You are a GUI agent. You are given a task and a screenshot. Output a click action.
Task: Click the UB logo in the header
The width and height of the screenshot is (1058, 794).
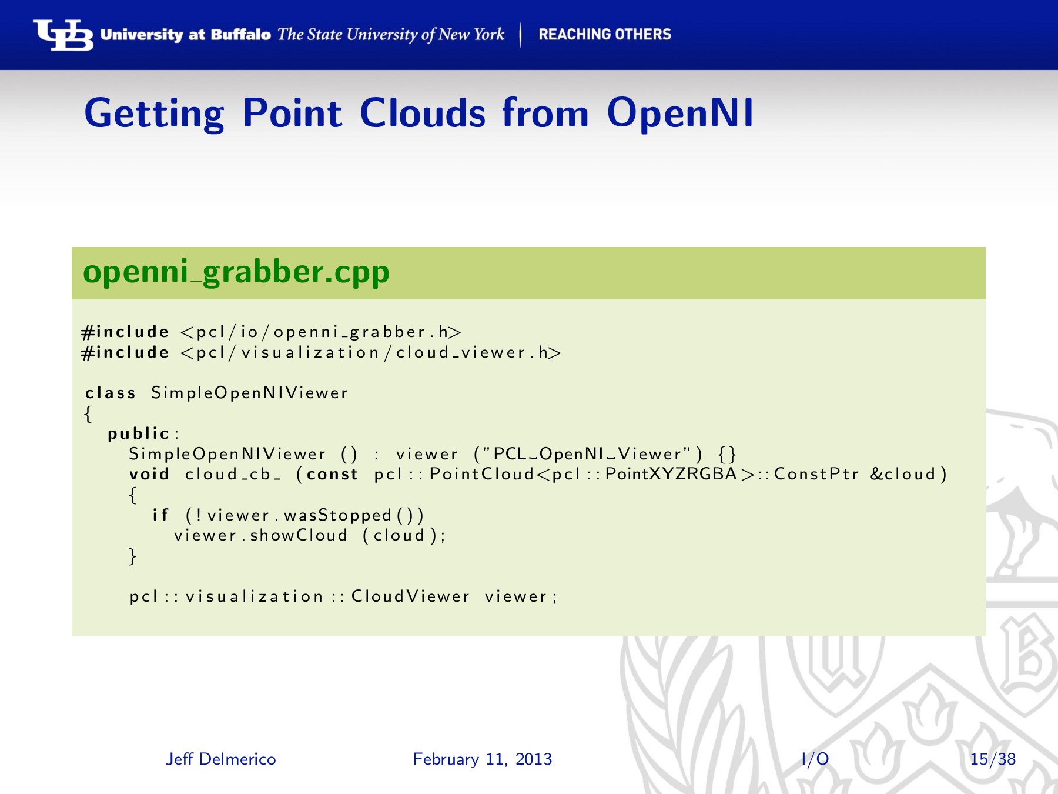pos(63,35)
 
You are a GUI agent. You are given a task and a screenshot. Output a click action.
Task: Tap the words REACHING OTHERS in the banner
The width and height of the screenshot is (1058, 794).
pos(605,34)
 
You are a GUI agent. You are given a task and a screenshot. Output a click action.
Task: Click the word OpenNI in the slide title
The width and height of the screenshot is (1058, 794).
pos(680,113)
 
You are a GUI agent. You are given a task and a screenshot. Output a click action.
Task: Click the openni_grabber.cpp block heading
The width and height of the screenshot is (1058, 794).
pos(236,272)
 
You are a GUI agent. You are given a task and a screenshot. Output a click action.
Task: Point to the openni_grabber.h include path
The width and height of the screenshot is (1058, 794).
pos(321,332)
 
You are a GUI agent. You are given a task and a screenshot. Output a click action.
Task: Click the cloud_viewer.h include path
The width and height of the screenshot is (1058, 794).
pos(371,353)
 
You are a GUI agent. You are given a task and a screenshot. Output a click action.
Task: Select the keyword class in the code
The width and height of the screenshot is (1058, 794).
pos(111,393)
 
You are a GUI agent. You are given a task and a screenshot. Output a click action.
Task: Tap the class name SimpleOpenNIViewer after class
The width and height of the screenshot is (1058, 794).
pos(250,393)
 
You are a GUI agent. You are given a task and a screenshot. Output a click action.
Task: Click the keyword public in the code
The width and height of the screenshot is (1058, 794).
pos(139,433)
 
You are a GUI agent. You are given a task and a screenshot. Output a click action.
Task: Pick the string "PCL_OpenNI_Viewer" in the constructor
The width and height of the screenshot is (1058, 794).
pos(588,454)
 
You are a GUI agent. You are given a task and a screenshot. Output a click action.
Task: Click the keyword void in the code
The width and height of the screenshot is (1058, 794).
pos(149,474)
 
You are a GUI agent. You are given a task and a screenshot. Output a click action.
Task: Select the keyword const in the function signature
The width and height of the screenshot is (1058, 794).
pos(332,474)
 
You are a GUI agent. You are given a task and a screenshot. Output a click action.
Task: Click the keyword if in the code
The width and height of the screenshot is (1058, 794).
pos(160,515)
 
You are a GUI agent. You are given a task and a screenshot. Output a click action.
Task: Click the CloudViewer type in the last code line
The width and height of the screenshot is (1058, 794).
pos(410,596)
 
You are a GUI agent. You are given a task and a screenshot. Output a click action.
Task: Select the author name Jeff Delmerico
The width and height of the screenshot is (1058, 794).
pos(221,759)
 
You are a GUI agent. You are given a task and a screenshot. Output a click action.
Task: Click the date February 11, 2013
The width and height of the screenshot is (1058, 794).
pos(483,759)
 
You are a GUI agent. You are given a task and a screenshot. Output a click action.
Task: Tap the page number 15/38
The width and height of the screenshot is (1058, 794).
pos(993,759)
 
